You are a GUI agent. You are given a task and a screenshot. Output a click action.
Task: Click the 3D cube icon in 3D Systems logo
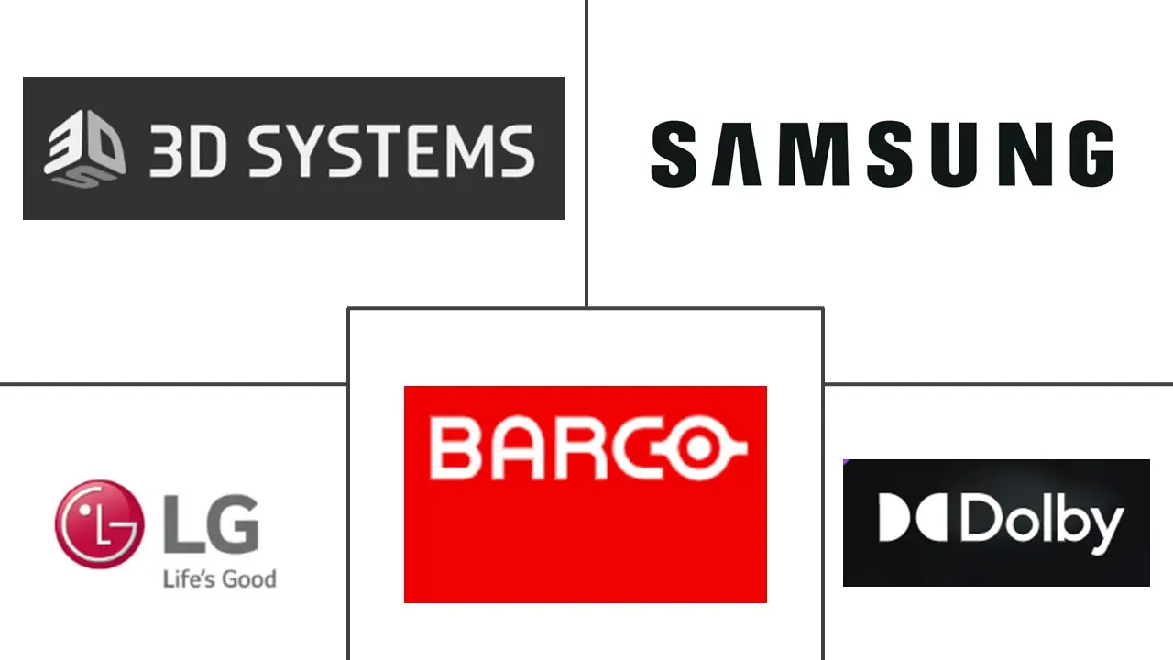pyautogui.click(x=83, y=149)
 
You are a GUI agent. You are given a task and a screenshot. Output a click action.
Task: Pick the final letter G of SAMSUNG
pyautogui.click(x=1090, y=155)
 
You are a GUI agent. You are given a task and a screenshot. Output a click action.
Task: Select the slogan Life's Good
pyautogui.click(x=219, y=578)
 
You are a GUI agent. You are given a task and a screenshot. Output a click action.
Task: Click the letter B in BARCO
pyautogui.click(x=455, y=449)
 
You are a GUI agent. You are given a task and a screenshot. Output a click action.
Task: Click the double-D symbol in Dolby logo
pyautogui.click(x=915, y=520)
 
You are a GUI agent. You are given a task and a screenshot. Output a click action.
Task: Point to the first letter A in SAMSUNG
pyautogui.click(x=739, y=155)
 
